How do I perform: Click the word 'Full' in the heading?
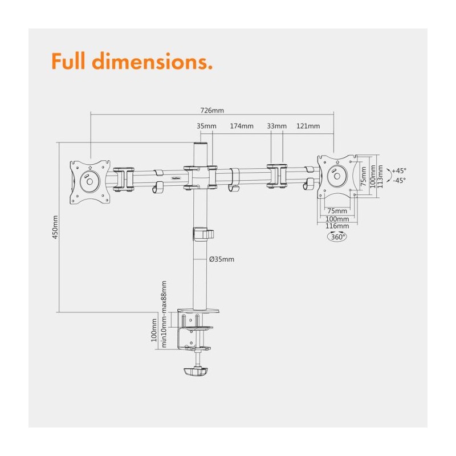click(x=68, y=61)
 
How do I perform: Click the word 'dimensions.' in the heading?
click(x=152, y=61)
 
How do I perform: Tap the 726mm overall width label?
click(x=212, y=111)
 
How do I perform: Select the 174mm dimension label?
click(x=242, y=126)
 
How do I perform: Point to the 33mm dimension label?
click(x=277, y=126)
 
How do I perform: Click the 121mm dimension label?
click(x=308, y=126)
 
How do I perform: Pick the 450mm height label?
click(x=55, y=227)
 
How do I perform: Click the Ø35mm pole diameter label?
click(x=222, y=259)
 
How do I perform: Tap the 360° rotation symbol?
click(x=337, y=237)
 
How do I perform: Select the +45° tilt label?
click(x=399, y=170)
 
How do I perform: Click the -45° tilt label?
click(x=399, y=181)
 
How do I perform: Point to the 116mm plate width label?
click(x=337, y=226)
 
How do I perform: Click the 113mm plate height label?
click(x=380, y=177)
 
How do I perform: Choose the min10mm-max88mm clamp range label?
click(x=164, y=314)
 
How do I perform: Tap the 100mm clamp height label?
click(x=154, y=330)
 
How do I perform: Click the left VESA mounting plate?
click(x=90, y=182)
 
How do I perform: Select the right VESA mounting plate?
click(x=337, y=176)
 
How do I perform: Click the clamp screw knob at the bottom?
click(x=196, y=372)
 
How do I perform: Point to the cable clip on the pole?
click(x=203, y=234)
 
